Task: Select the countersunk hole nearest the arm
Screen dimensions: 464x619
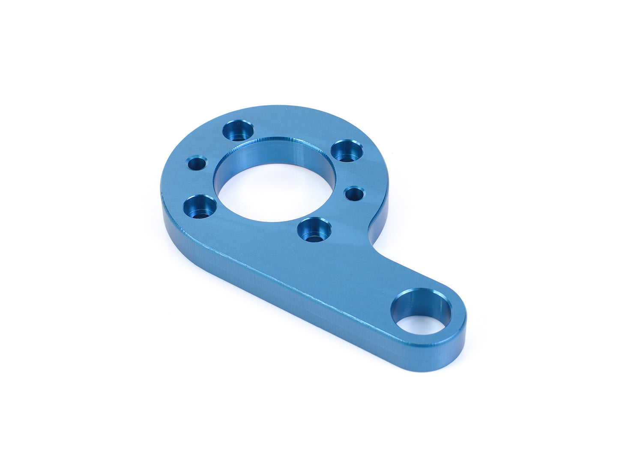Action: click(315, 229)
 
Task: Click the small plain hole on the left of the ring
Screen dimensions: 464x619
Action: click(197, 163)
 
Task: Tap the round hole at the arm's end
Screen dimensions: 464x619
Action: click(422, 310)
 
